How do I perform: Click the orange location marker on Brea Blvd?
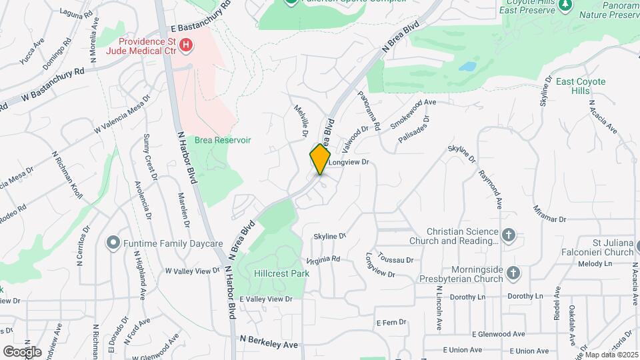click(x=320, y=159)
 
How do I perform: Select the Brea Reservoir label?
click(x=223, y=140)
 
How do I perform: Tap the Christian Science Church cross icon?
click(x=509, y=235)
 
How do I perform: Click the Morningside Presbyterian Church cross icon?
click(x=513, y=273)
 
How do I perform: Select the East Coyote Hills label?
click(x=581, y=86)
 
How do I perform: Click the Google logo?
click(x=22, y=351)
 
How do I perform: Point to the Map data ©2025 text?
click(x=611, y=355)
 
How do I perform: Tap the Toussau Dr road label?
click(x=395, y=259)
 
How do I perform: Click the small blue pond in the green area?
click(x=468, y=67)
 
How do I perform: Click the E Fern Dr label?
click(x=391, y=322)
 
